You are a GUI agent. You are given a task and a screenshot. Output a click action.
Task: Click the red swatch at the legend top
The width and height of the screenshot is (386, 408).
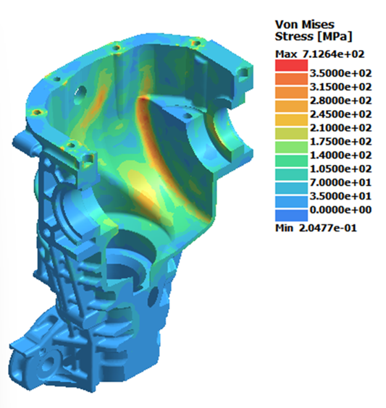(291, 65)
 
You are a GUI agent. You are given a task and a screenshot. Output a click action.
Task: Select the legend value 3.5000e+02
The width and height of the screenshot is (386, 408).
(340, 73)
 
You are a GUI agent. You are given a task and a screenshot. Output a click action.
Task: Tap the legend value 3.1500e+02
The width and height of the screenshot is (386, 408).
(340, 87)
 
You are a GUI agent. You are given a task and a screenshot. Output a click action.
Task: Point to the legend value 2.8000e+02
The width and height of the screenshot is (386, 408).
(340, 101)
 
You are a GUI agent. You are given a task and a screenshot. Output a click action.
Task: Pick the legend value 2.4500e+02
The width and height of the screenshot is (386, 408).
(340, 114)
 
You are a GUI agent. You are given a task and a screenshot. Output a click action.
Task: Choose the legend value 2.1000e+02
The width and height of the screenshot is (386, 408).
(340, 128)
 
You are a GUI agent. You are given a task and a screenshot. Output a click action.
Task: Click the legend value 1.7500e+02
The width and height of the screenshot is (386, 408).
(340, 142)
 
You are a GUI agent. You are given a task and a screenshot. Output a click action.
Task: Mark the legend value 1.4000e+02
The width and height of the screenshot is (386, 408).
(340, 156)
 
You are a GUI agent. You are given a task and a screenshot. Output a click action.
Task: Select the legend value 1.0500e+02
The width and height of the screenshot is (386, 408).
(340, 169)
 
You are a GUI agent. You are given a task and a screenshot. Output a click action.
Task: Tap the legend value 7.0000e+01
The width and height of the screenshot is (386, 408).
(340, 182)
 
